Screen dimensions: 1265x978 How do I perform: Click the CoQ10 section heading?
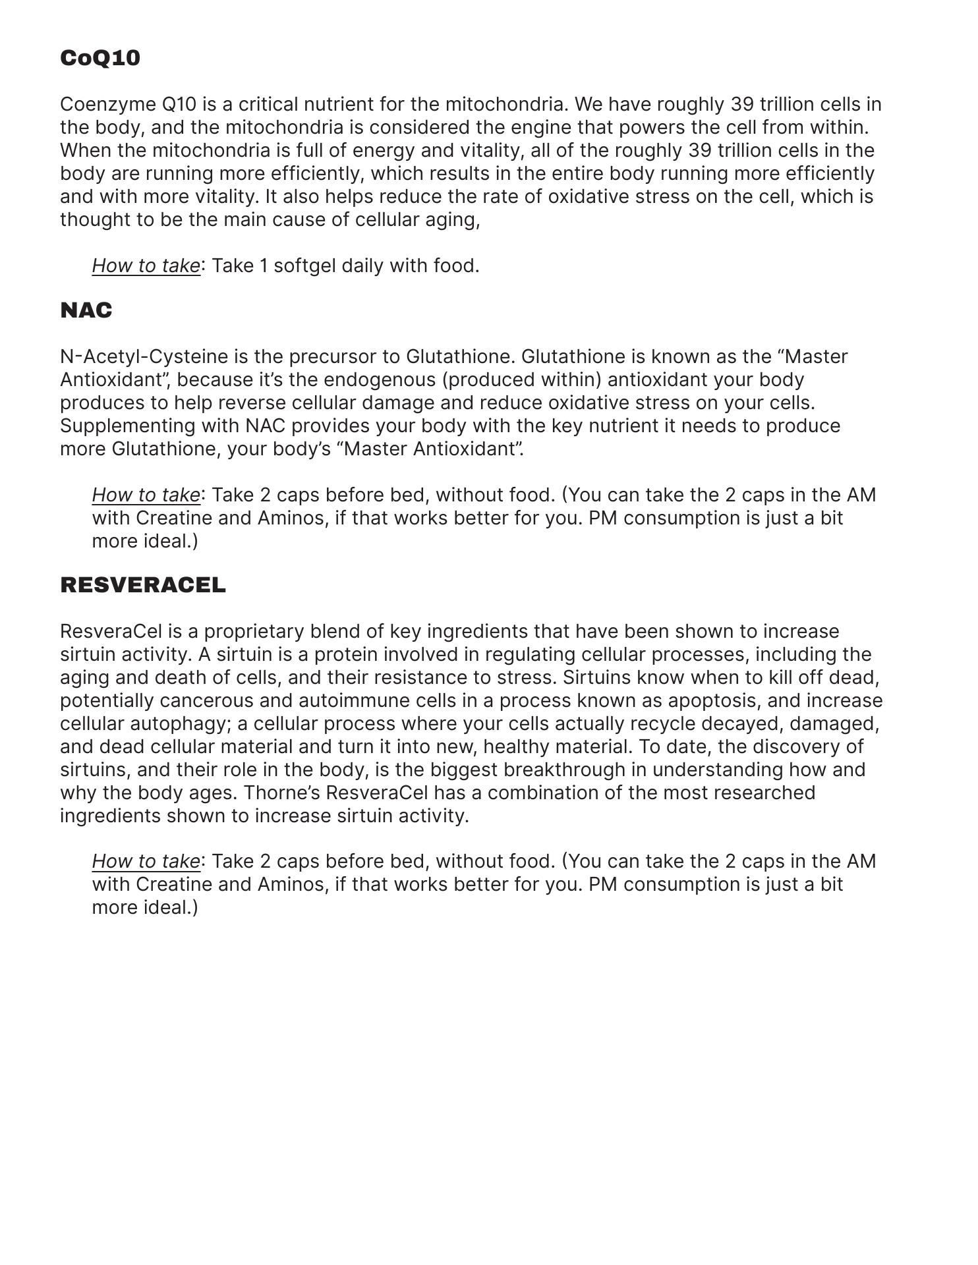pos(100,58)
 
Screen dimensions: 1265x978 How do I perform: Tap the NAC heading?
pos(86,310)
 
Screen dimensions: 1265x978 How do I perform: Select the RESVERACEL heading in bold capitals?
pos(143,585)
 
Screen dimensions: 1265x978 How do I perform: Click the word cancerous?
pos(225,700)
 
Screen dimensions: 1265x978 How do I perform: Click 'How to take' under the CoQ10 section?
pos(146,266)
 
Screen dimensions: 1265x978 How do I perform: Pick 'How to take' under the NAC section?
pos(146,495)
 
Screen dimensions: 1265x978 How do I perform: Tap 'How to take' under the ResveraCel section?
pos(146,861)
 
